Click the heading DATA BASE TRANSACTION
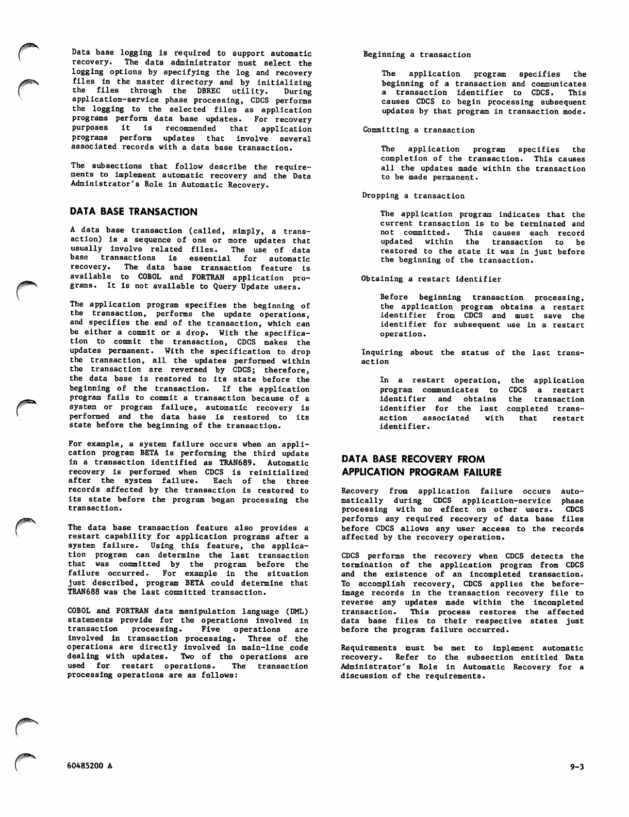(x=134, y=212)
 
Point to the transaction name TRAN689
(x=235, y=463)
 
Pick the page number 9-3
(x=577, y=766)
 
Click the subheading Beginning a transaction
(x=417, y=55)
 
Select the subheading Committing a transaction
(x=419, y=130)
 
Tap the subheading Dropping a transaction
(x=413, y=196)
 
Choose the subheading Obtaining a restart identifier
(x=431, y=279)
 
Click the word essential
(x=210, y=258)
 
